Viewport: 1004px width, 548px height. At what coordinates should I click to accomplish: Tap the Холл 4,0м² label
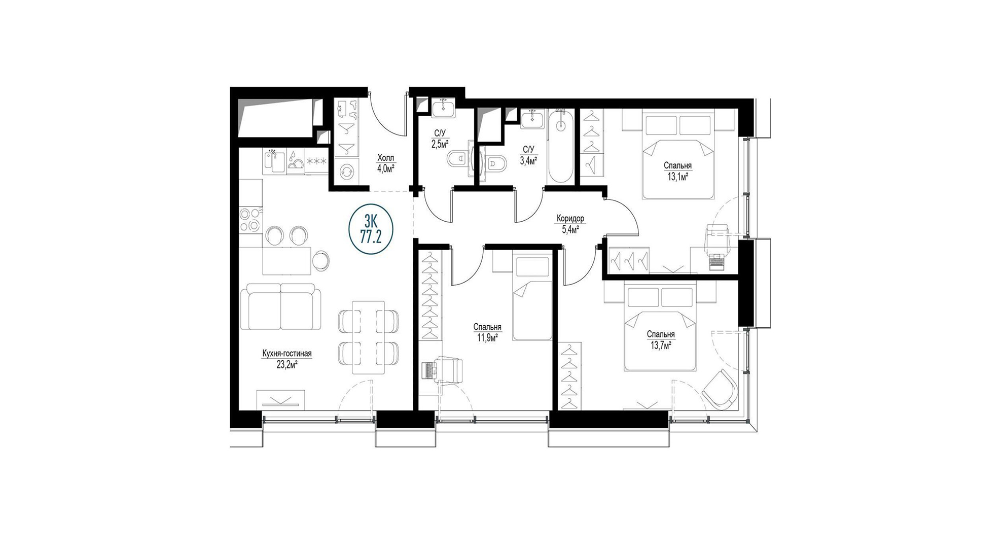(x=385, y=163)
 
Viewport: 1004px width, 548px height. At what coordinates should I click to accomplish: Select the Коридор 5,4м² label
(x=570, y=224)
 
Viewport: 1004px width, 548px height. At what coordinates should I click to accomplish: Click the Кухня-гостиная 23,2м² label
(x=286, y=359)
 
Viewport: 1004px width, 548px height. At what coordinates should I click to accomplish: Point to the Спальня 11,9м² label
(x=487, y=332)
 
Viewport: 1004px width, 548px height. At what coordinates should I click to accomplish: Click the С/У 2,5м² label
(x=440, y=139)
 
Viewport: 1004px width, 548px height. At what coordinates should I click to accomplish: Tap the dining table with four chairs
(x=368, y=338)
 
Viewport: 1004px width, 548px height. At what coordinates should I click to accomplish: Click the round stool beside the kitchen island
(x=321, y=260)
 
